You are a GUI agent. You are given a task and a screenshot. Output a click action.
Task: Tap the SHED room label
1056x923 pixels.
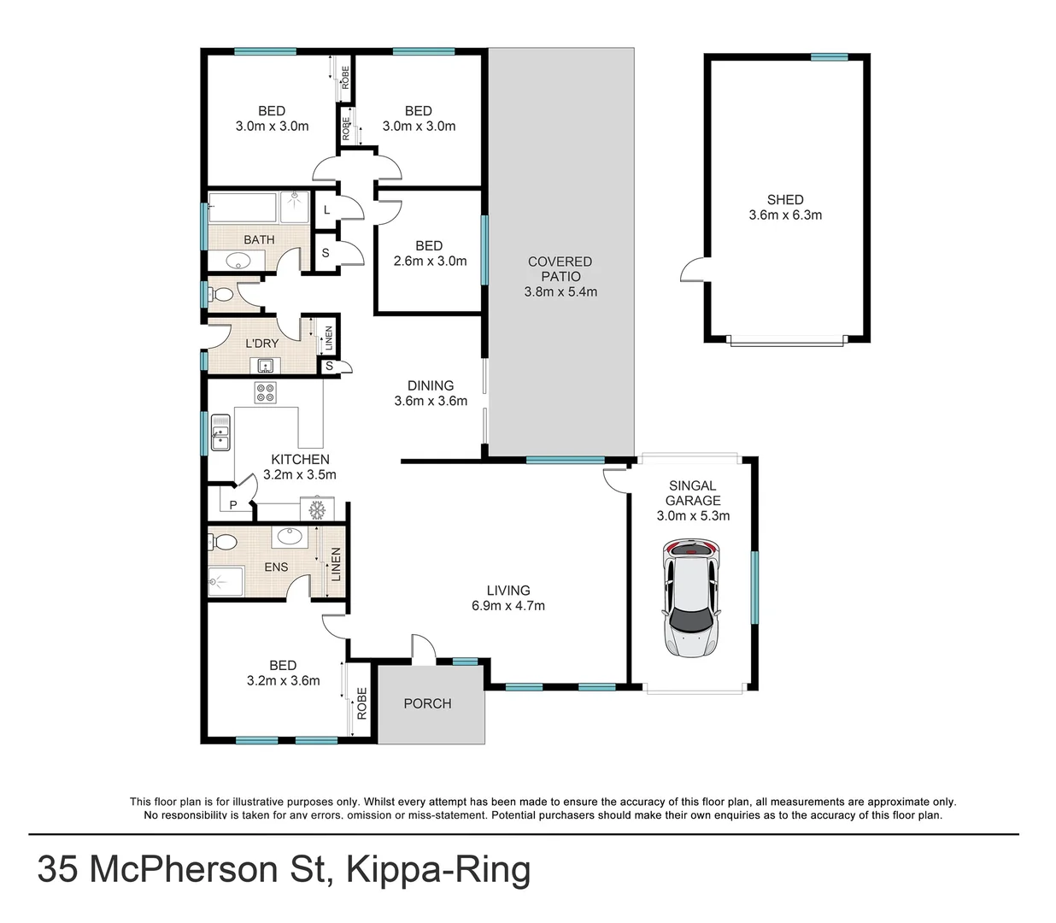[x=784, y=200]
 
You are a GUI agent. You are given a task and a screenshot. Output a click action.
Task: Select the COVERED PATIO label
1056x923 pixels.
[x=560, y=269]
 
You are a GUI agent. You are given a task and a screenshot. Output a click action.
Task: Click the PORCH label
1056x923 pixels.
[x=427, y=703]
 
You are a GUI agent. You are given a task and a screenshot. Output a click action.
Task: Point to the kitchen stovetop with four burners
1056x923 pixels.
[x=265, y=392]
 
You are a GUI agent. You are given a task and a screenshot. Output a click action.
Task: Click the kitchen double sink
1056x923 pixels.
[x=220, y=432]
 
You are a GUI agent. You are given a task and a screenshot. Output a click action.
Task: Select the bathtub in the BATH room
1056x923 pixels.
[x=244, y=208]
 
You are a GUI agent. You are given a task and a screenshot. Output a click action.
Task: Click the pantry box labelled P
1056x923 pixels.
[x=232, y=505]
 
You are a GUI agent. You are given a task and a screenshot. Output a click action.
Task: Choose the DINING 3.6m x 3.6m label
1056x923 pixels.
[x=431, y=393]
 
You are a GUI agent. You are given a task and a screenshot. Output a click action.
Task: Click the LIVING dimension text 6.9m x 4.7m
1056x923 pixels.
[x=508, y=606]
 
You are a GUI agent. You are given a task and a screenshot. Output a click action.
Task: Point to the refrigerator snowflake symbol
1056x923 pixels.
[x=318, y=510]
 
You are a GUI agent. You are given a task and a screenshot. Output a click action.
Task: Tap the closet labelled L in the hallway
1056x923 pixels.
[x=326, y=209]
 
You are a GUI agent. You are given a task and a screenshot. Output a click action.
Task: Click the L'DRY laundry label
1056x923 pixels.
[x=261, y=344]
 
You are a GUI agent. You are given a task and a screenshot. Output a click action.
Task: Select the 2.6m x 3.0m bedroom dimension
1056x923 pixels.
[x=430, y=262]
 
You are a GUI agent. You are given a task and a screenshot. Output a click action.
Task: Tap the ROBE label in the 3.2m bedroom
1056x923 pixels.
[x=361, y=703]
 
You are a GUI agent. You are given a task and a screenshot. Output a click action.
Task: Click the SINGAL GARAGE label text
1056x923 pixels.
[x=693, y=493]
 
